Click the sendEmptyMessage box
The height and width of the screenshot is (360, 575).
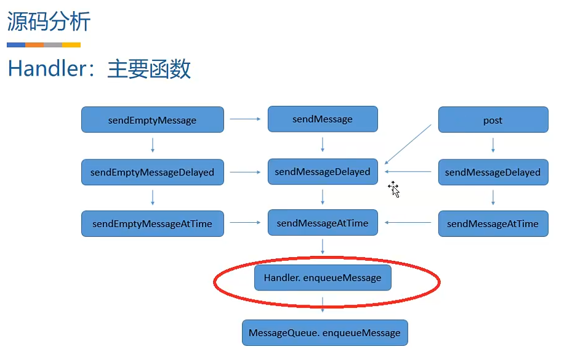click(x=152, y=120)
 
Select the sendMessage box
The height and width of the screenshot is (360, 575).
click(x=323, y=119)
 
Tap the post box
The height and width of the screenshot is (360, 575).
click(x=493, y=120)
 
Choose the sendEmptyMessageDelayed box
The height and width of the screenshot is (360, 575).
click(x=152, y=172)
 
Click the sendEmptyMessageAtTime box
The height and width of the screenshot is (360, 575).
click(x=152, y=224)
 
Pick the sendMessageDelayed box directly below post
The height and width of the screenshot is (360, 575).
click(x=493, y=172)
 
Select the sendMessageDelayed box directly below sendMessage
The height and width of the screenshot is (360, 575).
click(x=323, y=172)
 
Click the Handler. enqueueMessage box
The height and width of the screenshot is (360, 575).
click(x=323, y=278)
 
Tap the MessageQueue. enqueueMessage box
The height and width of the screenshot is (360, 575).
click(x=324, y=333)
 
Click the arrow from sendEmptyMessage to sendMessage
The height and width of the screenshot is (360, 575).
click(x=245, y=119)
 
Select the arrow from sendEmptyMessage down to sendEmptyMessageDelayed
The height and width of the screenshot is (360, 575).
click(x=152, y=146)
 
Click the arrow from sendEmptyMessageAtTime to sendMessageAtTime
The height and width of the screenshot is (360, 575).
click(x=245, y=223)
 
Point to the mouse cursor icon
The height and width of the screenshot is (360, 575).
click(x=394, y=189)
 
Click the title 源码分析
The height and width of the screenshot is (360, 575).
click(x=49, y=22)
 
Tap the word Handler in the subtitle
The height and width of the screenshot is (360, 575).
click(x=46, y=69)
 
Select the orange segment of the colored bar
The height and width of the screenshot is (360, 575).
click(x=34, y=45)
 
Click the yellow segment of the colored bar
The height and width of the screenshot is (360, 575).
click(x=71, y=45)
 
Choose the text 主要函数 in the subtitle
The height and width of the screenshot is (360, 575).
click(x=149, y=69)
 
